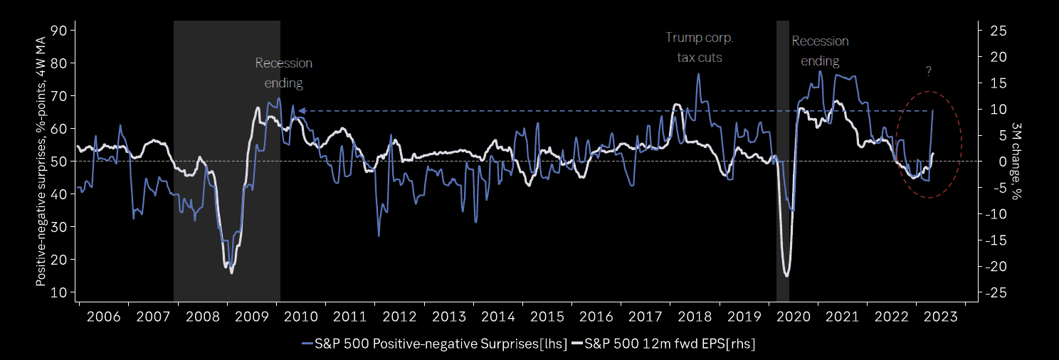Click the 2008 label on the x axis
(202, 316)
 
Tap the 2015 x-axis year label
(547, 316)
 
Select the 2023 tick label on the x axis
(942, 316)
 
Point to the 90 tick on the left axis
(59, 31)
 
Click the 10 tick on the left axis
(59, 292)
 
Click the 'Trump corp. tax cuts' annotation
(699, 47)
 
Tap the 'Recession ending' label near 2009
(284, 73)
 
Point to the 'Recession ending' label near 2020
(820, 51)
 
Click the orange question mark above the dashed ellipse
(929, 71)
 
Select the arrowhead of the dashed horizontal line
(301, 111)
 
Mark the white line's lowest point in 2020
(786, 275)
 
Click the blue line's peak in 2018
(699, 74)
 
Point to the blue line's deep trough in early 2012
(379, 235)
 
